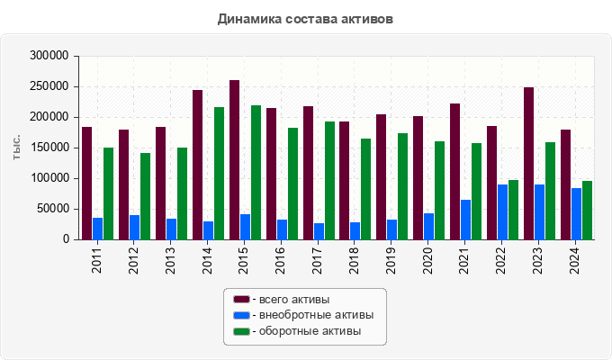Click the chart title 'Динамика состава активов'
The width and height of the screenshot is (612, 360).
pos(305,18)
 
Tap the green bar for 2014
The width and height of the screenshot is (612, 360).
pos(219,174)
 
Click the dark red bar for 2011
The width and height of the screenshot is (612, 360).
pos(86,184)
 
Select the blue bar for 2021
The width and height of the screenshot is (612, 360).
pos(465,220)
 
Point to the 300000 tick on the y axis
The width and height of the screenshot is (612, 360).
pos(49,56)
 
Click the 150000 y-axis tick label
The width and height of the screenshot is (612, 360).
pos(49,148)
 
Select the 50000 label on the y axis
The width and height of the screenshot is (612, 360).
pos(52,209)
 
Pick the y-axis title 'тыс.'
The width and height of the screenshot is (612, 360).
pos(16,148)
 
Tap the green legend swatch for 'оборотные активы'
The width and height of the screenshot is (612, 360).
pos(241,331)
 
